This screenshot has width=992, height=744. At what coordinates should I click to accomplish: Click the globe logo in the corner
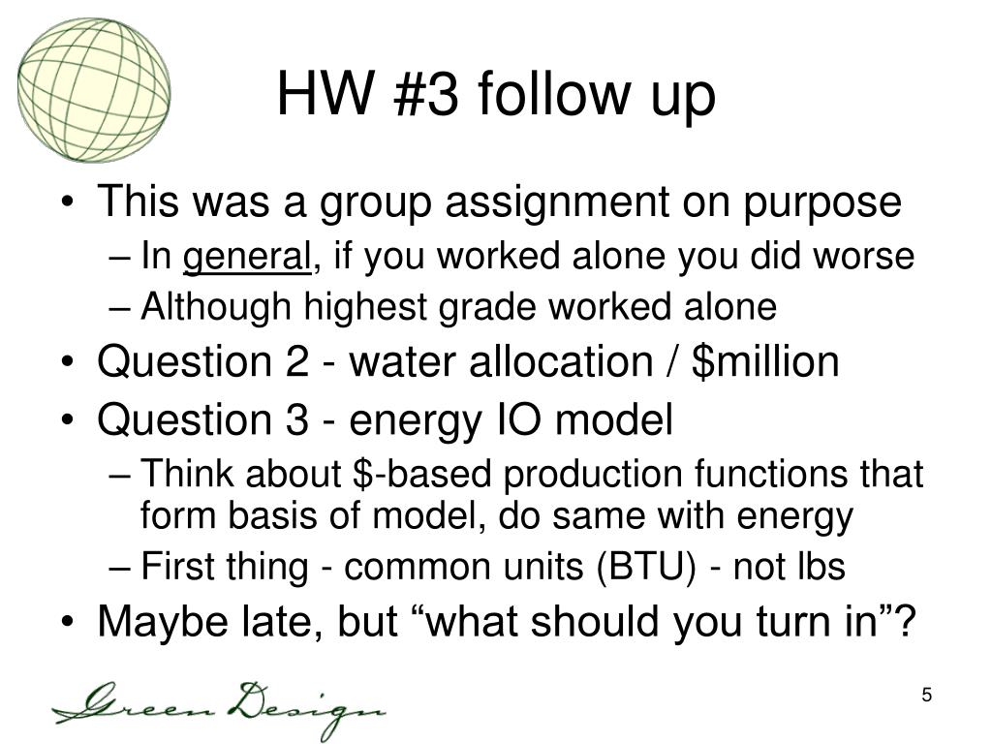(94, 90)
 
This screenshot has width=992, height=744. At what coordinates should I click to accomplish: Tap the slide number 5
(926, 695)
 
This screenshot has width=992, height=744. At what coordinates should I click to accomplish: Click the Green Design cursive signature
(218, 707)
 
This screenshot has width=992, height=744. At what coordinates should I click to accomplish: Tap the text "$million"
(765, 362)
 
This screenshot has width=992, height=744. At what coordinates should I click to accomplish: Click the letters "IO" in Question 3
(521, 419)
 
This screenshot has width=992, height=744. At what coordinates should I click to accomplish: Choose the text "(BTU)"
(646, 566)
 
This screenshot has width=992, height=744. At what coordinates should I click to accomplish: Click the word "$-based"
(421, 474)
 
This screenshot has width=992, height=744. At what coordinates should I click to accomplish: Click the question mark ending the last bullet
(906, 620)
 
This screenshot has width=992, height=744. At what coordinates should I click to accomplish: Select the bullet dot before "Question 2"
(68, 364)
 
